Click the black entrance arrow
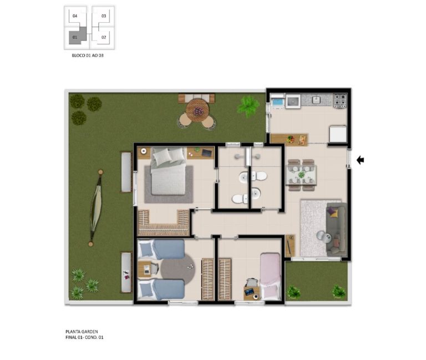click(360, 160)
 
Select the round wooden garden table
click(197, 110)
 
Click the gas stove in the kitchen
click(340, 100)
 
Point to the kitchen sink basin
click(316, 100)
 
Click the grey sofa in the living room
click(337, 229)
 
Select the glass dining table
click(302, 175)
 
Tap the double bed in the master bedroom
click(169, 171)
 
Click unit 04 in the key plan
click(75, 16)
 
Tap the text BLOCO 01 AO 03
click(88, 55)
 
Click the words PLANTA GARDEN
click(82, 332)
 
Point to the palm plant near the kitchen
click(248, 106)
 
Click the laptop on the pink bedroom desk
click(250, 292)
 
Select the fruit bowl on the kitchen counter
click(291, 139)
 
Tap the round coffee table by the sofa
click(322, 235)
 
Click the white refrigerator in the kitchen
click(338, 134)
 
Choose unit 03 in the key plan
click(104, 16)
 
